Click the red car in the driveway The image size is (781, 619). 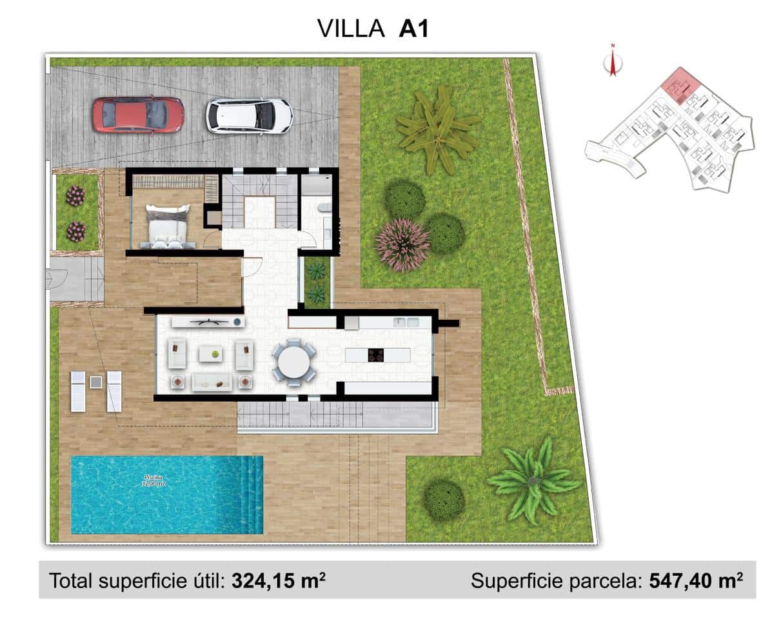(x=137, y=115)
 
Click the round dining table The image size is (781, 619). (x=294, y=362)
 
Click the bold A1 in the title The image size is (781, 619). (x=413, y=28)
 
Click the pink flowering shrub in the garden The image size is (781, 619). (x=402, y=244)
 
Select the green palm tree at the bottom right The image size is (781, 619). (x=533, y=479)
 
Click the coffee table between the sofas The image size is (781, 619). (x=210, y=353)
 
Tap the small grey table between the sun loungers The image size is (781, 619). (x=95, y=382)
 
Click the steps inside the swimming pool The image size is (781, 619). (x=250, y=495)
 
